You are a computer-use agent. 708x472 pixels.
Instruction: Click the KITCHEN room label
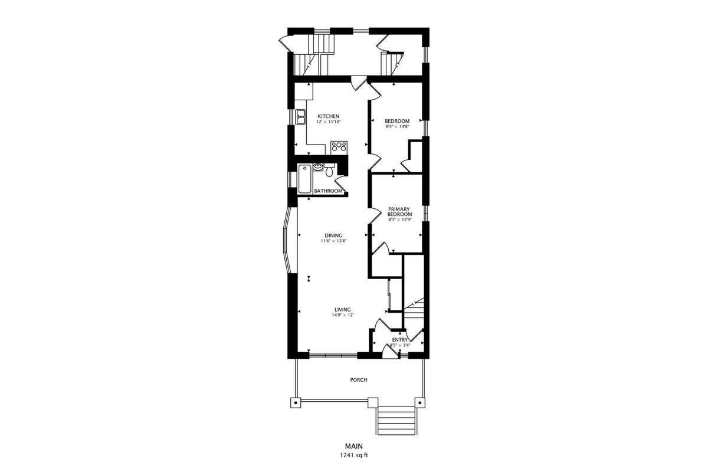coord(329,116)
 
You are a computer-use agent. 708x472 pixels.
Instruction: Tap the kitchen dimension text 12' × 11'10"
coord(329,122)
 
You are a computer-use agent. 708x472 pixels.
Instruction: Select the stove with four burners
coord(339,148)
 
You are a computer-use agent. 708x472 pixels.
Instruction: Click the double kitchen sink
coord(79,117)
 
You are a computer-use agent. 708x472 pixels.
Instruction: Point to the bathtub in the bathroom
coord(304,179)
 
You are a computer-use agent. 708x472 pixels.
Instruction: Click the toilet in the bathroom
coord(329,170)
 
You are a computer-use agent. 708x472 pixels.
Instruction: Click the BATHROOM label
coord(328,191)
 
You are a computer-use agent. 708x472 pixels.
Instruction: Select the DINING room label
coord(333,235)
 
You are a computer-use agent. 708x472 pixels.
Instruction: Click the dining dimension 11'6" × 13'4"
coord(333,241)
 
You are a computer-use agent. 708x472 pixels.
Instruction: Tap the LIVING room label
coord(343,310)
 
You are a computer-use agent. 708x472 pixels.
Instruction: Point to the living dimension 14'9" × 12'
coord(343,315)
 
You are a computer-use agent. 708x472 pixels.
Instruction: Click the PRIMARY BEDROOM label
coord(399,211)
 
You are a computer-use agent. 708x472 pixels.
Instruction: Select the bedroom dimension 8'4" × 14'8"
coord(397,126)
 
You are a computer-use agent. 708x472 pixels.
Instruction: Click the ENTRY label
coord(400,340)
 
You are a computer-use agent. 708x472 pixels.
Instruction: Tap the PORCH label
coord(359,380)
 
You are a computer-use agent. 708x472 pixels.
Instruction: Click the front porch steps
coord(396,421)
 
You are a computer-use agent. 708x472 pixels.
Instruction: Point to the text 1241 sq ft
coord(354,455)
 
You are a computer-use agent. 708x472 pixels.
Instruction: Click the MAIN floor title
coord(354,446)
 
